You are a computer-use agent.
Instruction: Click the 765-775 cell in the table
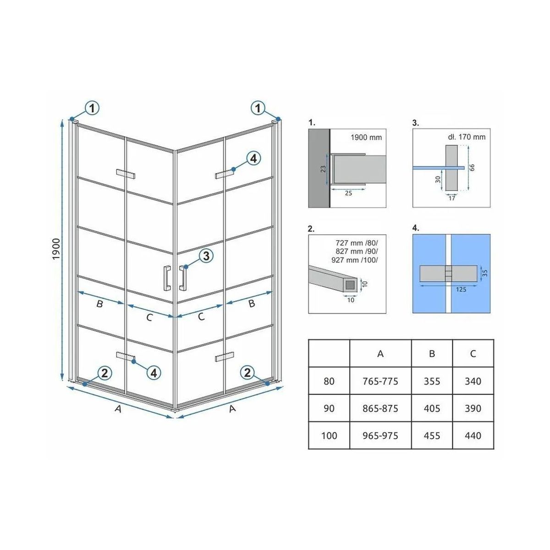click(380, 381)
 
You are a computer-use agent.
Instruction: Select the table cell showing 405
click(432, 408)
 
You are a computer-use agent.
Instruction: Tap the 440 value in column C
click(473, 435)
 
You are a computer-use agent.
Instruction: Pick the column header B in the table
click(432, 354)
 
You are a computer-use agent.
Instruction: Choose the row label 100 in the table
click(329, 435)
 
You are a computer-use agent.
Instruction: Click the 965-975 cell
click(380, 435)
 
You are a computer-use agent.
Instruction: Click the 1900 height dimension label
click(56, 249)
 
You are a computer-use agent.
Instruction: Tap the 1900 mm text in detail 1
click(366, 137)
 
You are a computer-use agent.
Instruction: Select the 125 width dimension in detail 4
click(461, 289)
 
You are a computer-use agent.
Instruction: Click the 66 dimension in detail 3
click(472, 167)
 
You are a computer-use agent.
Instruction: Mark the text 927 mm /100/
click(354, 260)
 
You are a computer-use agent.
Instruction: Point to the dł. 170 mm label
click(467, 137)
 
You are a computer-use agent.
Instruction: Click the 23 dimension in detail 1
click(323, 169)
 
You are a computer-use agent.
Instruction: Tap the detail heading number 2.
click(311, 229)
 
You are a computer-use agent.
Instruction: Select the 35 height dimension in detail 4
click(484, 273)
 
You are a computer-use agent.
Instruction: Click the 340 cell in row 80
click(473, 381)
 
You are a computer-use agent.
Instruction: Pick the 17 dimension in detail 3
click(451, 198)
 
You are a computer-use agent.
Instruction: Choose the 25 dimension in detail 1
click(348, 193)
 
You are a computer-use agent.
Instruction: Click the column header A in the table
click(380, 354)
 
